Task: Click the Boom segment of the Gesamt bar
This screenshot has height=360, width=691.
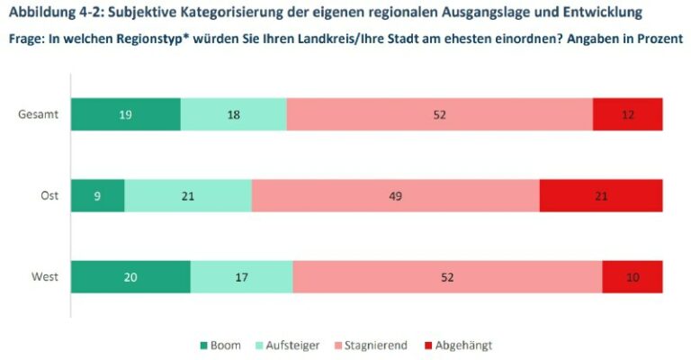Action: tap(126, 114)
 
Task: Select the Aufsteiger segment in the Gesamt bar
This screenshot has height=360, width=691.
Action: tap(234, 114)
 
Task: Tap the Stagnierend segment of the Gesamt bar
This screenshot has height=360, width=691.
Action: tap(439, 114)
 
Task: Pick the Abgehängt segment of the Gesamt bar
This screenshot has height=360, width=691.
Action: tap(627, 114)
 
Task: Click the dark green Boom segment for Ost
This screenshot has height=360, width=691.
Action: tap(97, 195)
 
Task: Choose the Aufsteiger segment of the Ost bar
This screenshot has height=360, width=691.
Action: tap(188, 195)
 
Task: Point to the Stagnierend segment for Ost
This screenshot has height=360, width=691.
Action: tap(395, 195)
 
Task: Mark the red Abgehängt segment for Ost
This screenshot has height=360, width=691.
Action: tap(601, 195)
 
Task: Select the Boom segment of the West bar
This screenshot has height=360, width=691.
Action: tap(130, 276)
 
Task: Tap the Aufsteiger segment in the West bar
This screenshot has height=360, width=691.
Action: tap(241, 276)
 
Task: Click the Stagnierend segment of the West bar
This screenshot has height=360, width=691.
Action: tap(447, 276)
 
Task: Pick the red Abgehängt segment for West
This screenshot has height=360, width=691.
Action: tap(633, 276)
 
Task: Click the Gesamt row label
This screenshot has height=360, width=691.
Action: tap(39, 114)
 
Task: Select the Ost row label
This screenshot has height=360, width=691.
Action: tap(49, 195)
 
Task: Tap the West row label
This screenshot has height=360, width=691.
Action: tap(44, 276)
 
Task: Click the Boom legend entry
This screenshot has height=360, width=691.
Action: tap(220, 345)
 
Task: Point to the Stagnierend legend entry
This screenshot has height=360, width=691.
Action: tap(372, 345)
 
